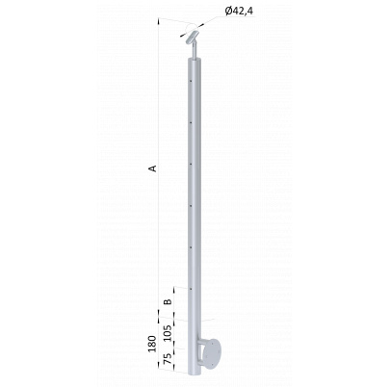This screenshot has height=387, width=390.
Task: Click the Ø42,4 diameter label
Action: point(239,11)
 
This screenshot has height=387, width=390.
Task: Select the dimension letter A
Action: point(153,168)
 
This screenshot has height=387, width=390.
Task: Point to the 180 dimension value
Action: point(152,344)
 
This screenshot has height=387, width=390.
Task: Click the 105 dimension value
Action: point(168,334)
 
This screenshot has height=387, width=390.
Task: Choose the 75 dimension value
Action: point(168,358)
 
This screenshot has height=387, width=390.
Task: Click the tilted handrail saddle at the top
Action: point(193,38)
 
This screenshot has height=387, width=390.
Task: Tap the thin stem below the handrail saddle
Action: point(195,51)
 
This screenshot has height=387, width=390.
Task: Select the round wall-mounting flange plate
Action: point(212,355)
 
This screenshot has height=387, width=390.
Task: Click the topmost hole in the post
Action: point(191,81)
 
